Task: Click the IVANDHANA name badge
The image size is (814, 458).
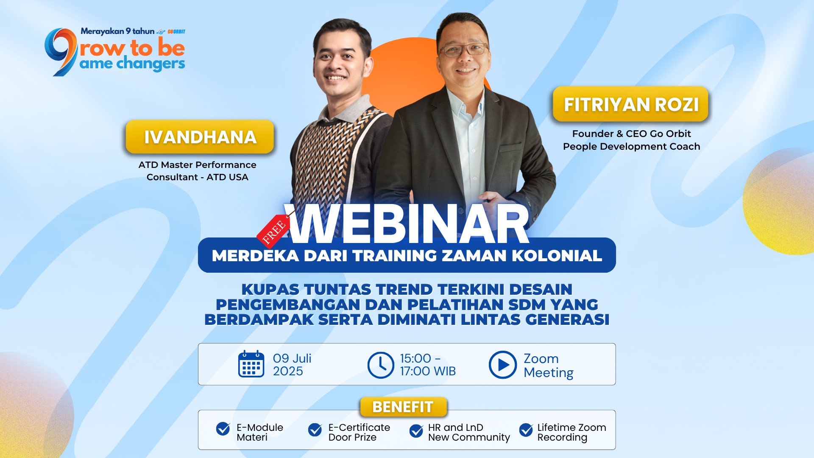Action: pos(200,137)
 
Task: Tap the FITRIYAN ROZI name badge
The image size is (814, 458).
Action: pos(631,104)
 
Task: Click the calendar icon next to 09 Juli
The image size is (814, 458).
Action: pos(251,364)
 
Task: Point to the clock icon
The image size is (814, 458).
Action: pos(381,365)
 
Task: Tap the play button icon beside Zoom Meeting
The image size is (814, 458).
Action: pos(502,365)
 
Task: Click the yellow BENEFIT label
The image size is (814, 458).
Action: pos(403,407)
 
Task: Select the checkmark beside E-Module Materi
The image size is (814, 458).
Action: pos(223,429)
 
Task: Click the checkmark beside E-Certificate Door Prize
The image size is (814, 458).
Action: pos(315,430)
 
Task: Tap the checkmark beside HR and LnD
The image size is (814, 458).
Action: pos(416,431)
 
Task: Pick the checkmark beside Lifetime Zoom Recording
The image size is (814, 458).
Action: pos(526,430)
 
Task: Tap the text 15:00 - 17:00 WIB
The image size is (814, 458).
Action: pos(428,365)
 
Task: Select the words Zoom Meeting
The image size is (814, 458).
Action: pos(549,365)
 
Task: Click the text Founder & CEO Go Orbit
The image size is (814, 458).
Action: pos(631,134)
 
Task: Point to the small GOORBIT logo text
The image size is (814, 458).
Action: pos(176,32)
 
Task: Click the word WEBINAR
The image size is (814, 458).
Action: pos(407,223)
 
